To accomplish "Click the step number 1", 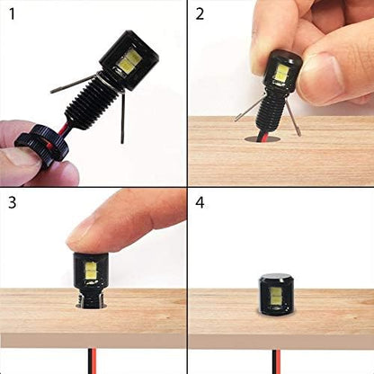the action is point(12,14).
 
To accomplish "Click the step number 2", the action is point(200,14).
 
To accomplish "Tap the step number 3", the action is point(12,202).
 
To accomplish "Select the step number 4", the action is point(200,202).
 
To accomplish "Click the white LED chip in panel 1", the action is point(128,60).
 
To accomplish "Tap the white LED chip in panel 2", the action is point(280,74).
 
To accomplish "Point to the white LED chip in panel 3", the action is point(91,271).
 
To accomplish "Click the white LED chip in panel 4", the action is point(275,295).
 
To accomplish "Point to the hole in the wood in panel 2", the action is point(263,138).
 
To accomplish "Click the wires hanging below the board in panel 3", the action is point(92,361).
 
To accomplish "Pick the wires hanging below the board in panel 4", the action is point(276,361).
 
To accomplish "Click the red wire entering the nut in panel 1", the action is point(61,133).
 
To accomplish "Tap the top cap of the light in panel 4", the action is point(276,277).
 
